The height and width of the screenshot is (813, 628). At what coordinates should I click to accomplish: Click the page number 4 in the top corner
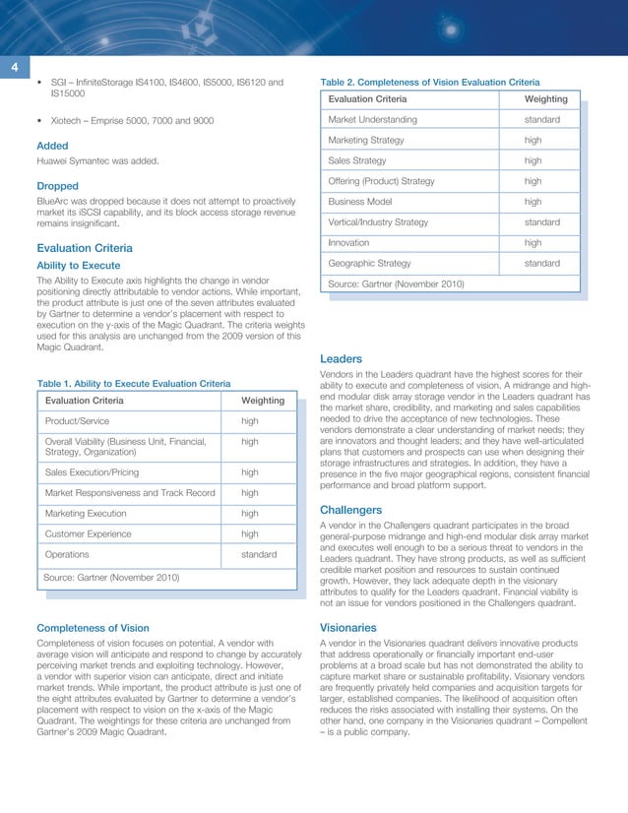point(15,67)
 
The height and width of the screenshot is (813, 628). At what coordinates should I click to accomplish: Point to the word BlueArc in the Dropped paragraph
point(55,201)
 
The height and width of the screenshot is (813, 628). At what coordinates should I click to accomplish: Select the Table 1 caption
point(133,383)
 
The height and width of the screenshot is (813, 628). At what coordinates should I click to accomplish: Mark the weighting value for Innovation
point(534,242)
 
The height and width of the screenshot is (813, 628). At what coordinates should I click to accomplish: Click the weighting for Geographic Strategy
point(542,263)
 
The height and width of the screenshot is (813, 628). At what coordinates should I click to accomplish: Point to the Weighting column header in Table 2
point(545,99)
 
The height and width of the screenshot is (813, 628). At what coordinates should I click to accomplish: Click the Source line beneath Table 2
point(398,284)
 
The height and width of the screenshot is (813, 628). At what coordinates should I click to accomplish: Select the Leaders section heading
point(342,359)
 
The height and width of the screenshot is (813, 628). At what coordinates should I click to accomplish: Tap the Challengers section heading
point(351,510)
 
